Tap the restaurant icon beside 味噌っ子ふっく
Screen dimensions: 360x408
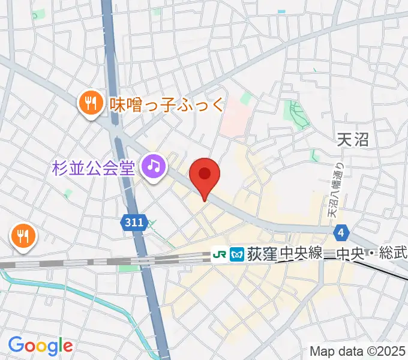(91, 103)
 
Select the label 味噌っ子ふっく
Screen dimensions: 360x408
(167, 105)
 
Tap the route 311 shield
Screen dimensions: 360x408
(134, 223)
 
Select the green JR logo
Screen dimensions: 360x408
(220, 254)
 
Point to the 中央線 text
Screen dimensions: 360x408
(299, 254)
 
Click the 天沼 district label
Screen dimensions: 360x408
(352, 140)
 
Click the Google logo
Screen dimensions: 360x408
(40, 345)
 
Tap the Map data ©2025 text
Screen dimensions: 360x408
(358, 351)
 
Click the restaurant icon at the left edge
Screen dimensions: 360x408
(23, 235)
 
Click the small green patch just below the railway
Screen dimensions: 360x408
(127, 268)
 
